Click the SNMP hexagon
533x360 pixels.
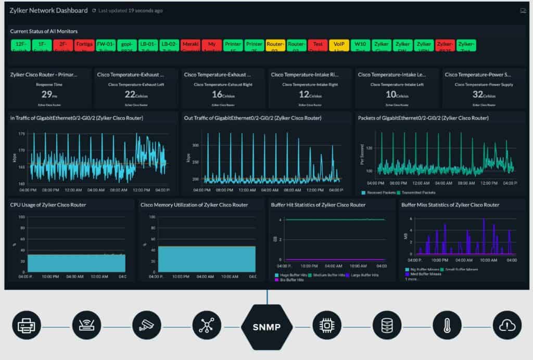(267, 327)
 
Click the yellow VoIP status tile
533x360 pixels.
(339, 45)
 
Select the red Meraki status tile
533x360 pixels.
(191, 45)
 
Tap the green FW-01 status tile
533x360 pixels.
(105, 45)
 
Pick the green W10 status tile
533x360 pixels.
(360, 45)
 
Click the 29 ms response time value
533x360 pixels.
(47, 94)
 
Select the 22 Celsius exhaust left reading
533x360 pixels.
(135, 94)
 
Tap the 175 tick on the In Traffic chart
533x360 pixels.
(21, 134)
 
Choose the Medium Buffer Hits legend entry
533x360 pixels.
(328, 275)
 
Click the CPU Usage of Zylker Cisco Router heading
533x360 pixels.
(48, 205)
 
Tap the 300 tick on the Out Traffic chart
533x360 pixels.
(195, 145)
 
